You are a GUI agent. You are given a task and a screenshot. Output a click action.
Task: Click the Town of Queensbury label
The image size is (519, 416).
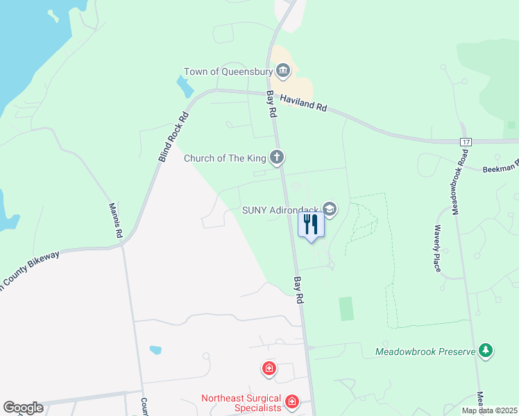pyautogui.click(x=228, y=72)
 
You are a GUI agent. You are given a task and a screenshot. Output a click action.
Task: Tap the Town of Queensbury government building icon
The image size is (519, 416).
pyautogui.click(x=283, y=71)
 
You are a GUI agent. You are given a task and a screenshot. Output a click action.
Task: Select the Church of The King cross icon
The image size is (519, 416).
pyautogui.click(x=277, y=157)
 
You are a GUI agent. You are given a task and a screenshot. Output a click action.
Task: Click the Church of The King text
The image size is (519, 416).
pyautogui.click(x=225, y=158)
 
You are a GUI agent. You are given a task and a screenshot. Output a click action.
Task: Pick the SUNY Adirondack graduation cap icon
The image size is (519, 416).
pyautogui.click(x=330, y=209)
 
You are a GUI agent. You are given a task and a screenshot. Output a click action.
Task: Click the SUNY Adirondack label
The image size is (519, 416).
pyautogui.click(x=280, y=209)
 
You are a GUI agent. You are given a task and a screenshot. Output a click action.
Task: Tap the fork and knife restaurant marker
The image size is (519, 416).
pyautogui.click(x=311, y=225)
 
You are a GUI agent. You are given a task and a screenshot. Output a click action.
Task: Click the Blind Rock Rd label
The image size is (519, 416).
pyautogui.click(x=173, y=137)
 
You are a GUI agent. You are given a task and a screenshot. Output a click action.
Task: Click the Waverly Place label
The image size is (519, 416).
pyautogui.click(x=436, y=248)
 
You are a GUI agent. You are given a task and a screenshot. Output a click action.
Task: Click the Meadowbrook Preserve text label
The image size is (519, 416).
pyautogui.click(x=425, y=352)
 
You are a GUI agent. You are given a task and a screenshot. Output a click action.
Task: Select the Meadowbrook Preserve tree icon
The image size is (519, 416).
pyautogui.click(x=487, y=351)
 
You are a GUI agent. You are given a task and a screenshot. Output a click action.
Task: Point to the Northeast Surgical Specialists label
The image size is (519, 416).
pyautogui.click(x=241, y=403)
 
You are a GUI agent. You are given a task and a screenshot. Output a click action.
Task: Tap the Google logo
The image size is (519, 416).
pyautogui.click(x=23, y=408)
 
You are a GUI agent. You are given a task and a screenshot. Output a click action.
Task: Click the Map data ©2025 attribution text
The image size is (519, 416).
pyautogui.click(x=489, y=410)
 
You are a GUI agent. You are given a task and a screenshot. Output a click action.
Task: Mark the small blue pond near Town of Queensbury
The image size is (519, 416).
pyautogui.click(x=185, y=87)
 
